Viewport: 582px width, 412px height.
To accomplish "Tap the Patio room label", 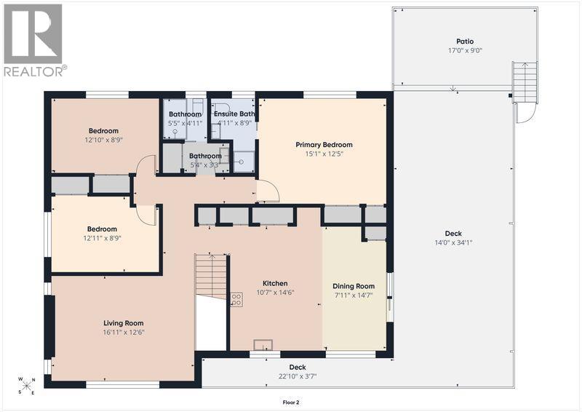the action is [x=465, y=41].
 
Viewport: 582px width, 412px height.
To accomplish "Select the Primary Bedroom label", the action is [x=324, y=145].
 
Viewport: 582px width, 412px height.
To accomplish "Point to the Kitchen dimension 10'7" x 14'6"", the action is [x=275, y=293].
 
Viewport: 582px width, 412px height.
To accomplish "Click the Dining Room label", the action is [x=354, y=286].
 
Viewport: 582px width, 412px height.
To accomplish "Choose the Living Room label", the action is [x=123, y=324].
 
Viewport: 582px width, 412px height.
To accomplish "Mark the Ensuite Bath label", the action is [x=234, y=114].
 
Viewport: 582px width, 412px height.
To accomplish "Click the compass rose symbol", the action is [x=26, y=386].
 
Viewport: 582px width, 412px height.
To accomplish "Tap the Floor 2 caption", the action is [x=290, y=403].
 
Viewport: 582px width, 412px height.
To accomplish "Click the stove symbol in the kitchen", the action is [x=237, y=300].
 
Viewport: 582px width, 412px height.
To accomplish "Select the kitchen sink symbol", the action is [x=263, y=345].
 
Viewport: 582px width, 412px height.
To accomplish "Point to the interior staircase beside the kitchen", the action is [x=211, y=277].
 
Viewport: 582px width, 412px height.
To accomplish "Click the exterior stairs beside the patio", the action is [x=525, y=83].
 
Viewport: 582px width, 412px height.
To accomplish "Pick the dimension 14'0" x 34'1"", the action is [x=453, y=243].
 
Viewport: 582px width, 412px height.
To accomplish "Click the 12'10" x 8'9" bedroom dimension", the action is [x=103, y=140].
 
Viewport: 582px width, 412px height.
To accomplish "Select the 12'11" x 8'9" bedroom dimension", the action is [x=102, y=239].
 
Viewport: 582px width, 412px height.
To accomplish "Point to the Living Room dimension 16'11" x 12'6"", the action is [x=124, y=333].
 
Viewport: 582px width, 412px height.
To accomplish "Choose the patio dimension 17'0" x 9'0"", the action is [x=465, y=51].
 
